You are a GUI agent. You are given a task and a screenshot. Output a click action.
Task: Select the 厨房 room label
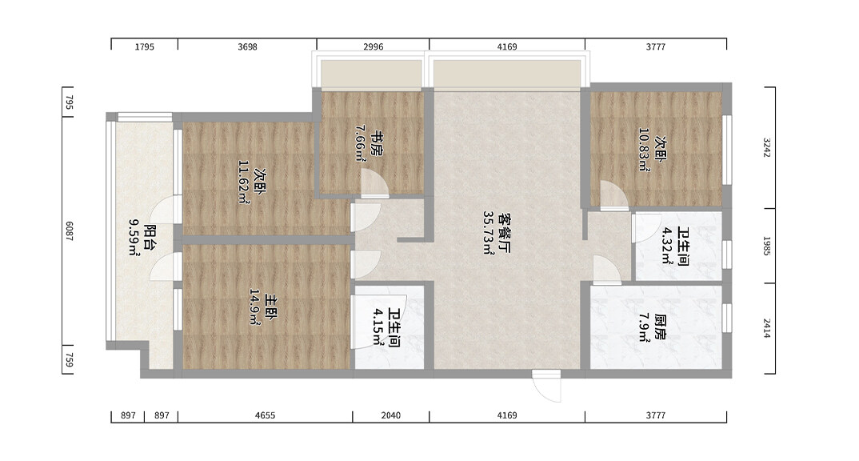coord(660,328)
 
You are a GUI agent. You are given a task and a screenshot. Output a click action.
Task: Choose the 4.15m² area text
coord(378,327)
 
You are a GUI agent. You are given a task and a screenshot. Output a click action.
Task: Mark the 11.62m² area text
coord(244,182)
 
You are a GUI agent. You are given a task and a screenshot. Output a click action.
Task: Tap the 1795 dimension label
coord(145,47)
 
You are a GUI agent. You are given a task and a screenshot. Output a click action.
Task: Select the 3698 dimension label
coord(248,47)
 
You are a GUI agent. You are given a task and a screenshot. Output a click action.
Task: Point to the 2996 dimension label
coord(373,47)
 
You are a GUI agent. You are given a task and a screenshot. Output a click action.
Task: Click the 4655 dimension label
coord(266,415)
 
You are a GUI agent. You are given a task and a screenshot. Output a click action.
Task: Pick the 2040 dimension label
coord(390,415)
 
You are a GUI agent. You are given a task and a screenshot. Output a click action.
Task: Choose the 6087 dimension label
coord(70,230)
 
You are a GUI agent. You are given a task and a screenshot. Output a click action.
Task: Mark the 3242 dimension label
coord(767,147)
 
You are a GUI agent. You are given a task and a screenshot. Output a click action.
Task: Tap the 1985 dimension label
coord(767,247)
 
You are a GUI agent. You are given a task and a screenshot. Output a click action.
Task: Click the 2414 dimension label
coord(767,328)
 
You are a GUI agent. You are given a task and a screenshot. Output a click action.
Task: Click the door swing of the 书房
coord(375,183)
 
